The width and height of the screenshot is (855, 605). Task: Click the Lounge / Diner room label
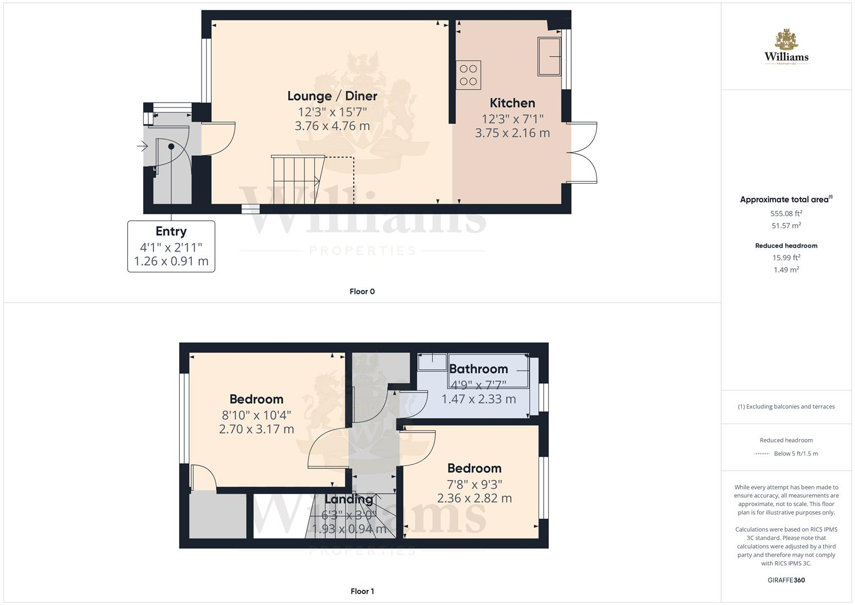pyautogui.click(x=332, y=96)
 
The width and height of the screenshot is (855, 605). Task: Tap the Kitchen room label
pyautogui.click(x=512, y=103)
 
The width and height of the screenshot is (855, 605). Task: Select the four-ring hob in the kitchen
pyautogui.click(x=468, y=75)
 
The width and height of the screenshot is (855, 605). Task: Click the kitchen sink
pyautogui.click(x=549, y=56)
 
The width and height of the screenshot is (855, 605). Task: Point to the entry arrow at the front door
pyautogui.click(x=142, y=147)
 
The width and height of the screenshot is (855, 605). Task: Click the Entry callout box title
pyautogui.click(x=171, y=231)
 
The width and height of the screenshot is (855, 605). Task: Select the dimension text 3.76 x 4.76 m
pyautogui.click(x=332, y=126)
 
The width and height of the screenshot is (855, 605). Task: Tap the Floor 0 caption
pyautogui.click(x=362, y=291)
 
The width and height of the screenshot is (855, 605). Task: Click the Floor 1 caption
pyautogui.click(x=362, y=591)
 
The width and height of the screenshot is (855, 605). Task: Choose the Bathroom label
pyautogui.click(x=478, y=369)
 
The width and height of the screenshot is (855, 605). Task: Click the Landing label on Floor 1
pyautogui.click(x=349, y=499)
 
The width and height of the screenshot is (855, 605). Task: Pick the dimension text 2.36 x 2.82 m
pyautogui.click(x=474, y=498)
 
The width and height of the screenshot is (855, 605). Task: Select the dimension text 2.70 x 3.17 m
pyautogui.click(x=256, y=429)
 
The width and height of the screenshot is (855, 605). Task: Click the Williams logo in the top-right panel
pyautogui.click(x=786, y=48)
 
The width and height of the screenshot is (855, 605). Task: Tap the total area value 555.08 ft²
pyautogui.click(x=786, y=213)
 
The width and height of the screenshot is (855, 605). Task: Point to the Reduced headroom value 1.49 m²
pyautogui.click(x=786, y=269)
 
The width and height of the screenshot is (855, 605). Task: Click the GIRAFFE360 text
pyautogui.click(x=786, y=580)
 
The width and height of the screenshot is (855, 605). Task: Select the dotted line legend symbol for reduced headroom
pyautogui.click(x=762, y=454)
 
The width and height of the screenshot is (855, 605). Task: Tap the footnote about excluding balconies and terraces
pyautogui.click(x=786, y=407)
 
